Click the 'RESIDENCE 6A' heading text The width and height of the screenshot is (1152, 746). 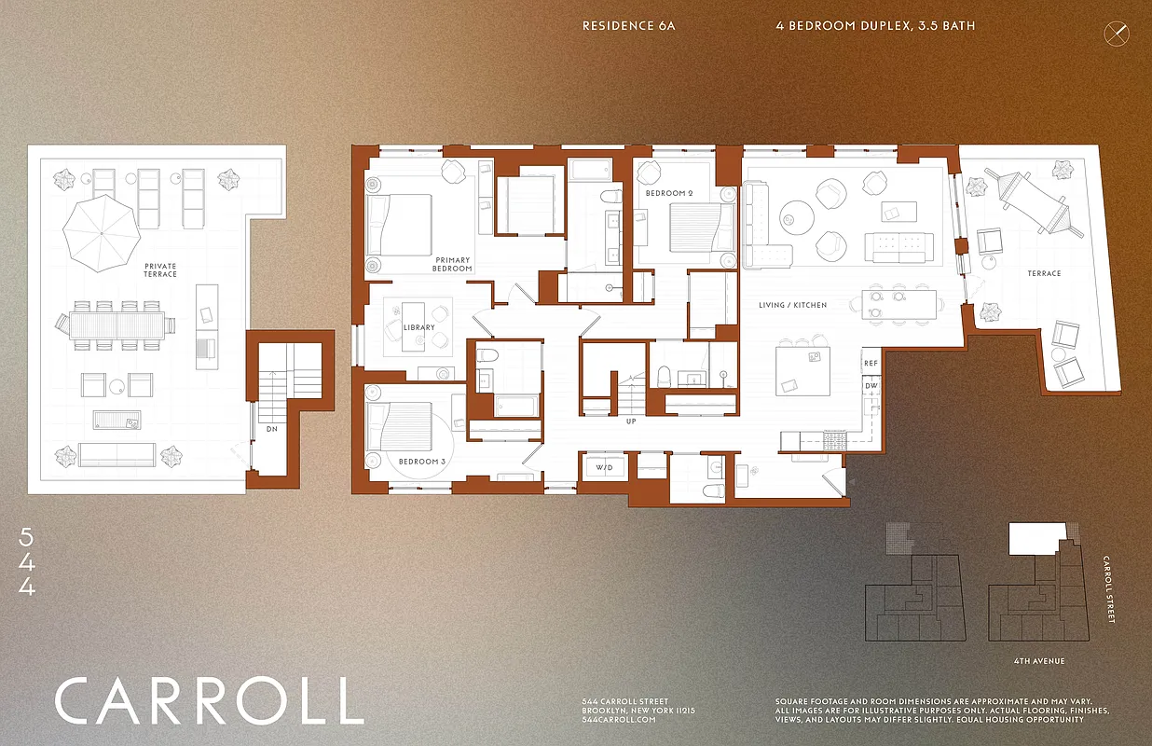pyautogui.click(x=628, y=26)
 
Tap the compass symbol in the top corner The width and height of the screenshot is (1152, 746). pyautogui.click(x=1116, y=34)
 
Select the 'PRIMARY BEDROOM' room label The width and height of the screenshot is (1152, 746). pyautogui.click(x=453, y=264)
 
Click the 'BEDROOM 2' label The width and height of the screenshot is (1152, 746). pyautogui.click(x=669, y=193)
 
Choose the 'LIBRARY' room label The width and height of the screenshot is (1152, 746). pyautogui.click(x=418, y=328)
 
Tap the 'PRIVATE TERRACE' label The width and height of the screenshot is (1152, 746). pyautogui.click(x=160, y=270)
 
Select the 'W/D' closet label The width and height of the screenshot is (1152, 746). pyautogui.click(x=604, y=467)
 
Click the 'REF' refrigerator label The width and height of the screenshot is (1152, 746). pyautogui.click(x=871, y=363)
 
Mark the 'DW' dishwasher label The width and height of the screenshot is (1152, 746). pyautogui.click(x=871, y=385)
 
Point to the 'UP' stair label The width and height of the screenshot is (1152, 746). pyautogui.click(x=631, y=421)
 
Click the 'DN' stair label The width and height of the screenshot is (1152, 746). pyautogui.click(x=270, y=429)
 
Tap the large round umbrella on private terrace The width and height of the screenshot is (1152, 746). pyautogui.click(x=100, y=233)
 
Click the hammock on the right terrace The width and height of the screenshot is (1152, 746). pyautogui.click(x=1035, y=204)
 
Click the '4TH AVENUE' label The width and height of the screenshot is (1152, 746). pyautogui.click(x=1038, y=661)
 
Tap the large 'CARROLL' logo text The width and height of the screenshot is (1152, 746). pyautogui.click(x=209, y=701)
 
